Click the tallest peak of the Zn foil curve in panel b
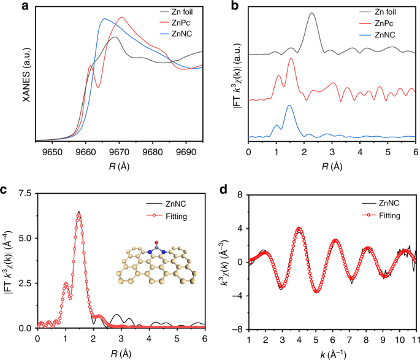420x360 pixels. (x=312, y=13)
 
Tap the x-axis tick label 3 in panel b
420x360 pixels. (x=332, y=151)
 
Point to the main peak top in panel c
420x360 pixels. (x=79, y=213)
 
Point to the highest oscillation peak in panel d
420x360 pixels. (x=299, y=229)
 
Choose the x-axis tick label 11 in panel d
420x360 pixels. (x=414, y=339)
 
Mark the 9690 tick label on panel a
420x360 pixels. (x=186, y=151)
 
